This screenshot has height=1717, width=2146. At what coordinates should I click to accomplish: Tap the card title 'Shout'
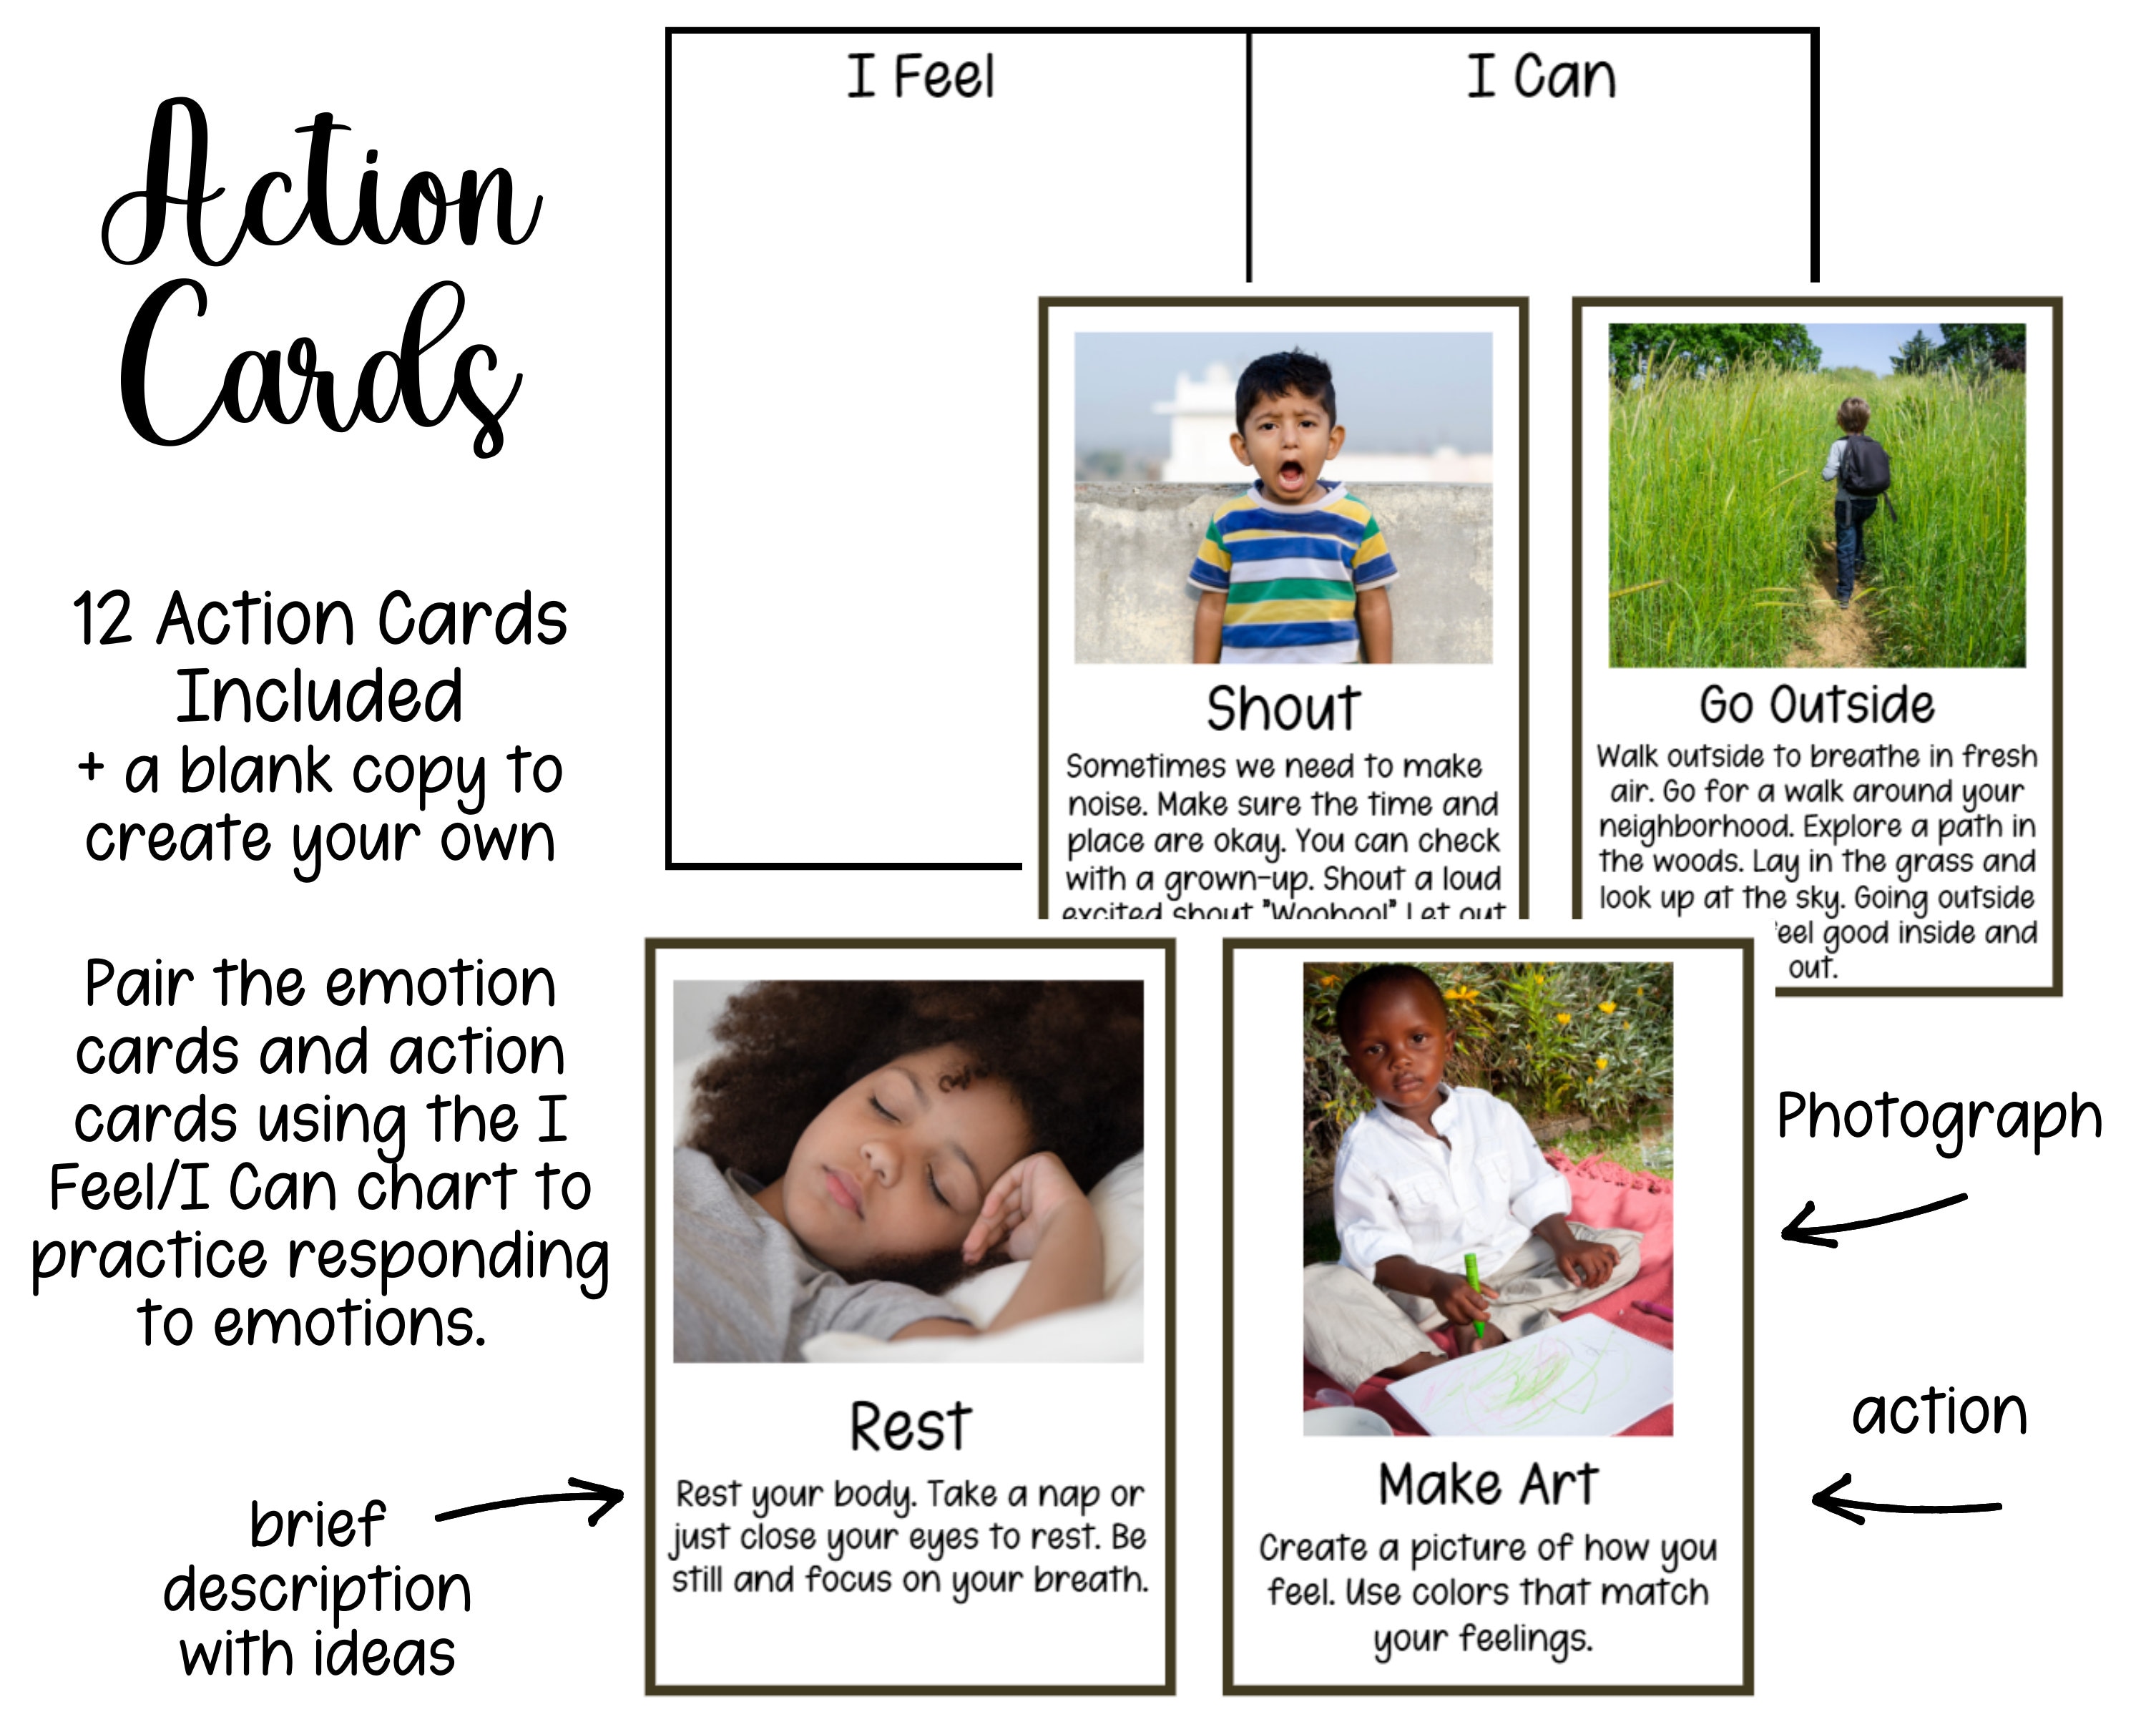tap(1283, 709)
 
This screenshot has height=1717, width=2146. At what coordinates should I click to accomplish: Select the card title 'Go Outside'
tap(1816, 705)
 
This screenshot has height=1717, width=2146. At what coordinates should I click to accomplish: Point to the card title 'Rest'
tap(910, 1427)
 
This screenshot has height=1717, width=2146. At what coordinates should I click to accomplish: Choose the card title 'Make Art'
tap(1488, 1484)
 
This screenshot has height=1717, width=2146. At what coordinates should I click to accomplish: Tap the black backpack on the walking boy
tap(1863, 465)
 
